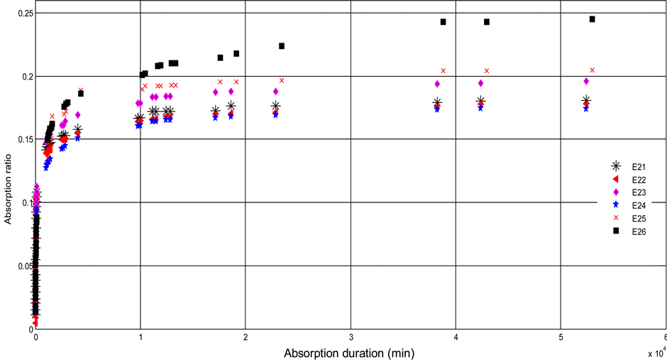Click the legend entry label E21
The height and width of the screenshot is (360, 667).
(639, 167)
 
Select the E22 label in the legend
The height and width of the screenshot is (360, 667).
(639, 180)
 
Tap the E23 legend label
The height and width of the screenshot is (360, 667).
(639, 192)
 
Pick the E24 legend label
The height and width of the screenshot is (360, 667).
(639, 205)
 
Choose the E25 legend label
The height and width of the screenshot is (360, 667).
(639, 218)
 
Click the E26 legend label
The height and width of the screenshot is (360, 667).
(639, 231)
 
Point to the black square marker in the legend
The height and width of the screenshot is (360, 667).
(616, 231)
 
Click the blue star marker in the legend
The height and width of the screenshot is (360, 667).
(616, 205)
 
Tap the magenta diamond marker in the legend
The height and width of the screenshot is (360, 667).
(616, 192)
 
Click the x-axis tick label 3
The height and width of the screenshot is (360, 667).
(351, 336)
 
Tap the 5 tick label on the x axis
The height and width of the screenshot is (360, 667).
(561, 336)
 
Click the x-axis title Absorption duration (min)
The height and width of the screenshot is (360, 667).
(348, 352)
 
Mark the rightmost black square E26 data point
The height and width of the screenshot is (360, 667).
(592, 19)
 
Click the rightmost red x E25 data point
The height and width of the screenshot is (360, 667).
(592, 70)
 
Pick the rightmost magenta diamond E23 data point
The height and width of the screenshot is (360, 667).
(586, 82)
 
